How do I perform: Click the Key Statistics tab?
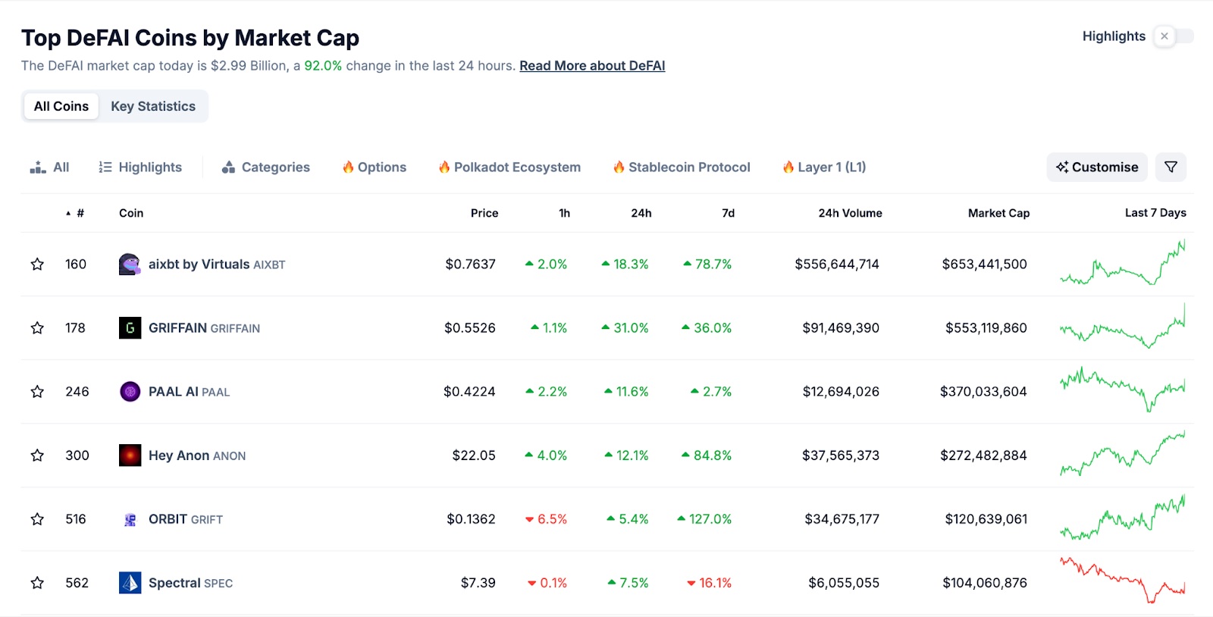pos(153,106)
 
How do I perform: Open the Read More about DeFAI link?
pos(592,66)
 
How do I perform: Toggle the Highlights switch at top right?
pos(1173,36)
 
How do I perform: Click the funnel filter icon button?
pos(1171,167)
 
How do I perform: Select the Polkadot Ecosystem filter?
pos(509,167)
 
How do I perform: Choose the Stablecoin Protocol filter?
pos(682,167)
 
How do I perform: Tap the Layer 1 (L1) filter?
pos(824,167)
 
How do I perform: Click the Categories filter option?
pos(266,167)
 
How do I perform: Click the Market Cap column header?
pos(998,213)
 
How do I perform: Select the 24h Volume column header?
pos(850,213)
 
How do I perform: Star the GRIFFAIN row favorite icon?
pos(37,328)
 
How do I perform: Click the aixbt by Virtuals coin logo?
pos(130,265)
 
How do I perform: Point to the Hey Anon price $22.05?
pos(474,456)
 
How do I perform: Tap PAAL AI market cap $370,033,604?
pos(983,392)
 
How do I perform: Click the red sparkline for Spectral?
pos(1122,581)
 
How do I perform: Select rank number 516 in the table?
pos(76,519)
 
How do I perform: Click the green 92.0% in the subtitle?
pos(323,66)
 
